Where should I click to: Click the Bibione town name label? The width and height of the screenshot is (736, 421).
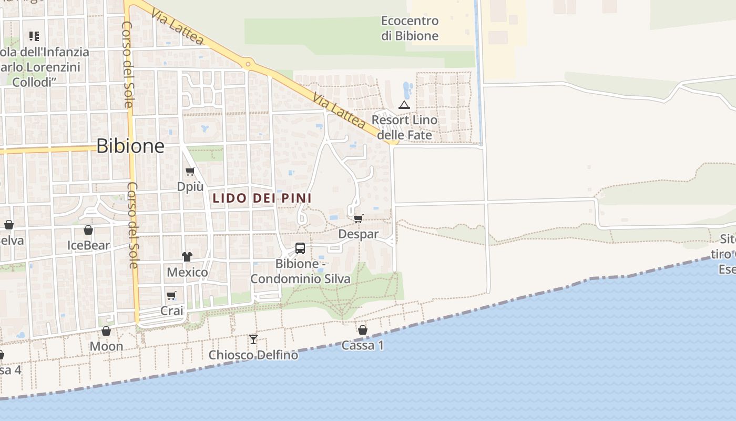[130, 146]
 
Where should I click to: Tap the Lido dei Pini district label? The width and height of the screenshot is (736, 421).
[262, 198]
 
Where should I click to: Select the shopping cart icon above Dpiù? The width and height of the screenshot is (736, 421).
[190, 171]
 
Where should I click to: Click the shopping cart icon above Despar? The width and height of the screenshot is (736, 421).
[359, 218]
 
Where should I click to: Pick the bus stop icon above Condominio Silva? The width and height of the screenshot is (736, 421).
[300, 248]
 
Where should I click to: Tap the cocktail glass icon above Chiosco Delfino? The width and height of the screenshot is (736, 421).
[253, 339]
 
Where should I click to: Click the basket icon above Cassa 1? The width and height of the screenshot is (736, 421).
[363, 330]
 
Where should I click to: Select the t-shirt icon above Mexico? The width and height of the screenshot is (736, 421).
[187, 257]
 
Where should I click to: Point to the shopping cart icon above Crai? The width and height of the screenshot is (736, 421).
[171, 295]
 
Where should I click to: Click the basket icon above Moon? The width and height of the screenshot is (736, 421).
[106, 331]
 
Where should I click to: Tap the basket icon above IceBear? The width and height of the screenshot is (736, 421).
[88, 230]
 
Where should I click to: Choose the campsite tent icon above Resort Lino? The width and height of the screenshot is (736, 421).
[404, 105]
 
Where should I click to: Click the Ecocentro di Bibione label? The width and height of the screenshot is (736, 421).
[410, 28]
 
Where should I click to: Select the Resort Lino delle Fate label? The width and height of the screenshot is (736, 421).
[404, 127]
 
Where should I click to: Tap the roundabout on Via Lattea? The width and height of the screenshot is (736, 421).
[248, 65]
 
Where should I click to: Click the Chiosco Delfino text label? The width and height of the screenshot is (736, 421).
[253, 355]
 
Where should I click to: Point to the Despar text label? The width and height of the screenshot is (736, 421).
[359, 234]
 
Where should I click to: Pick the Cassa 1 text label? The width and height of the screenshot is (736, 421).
[363, 346]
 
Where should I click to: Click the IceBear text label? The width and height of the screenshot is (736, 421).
[88, 245]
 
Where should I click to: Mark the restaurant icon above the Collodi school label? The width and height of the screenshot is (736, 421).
[34, 36]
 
